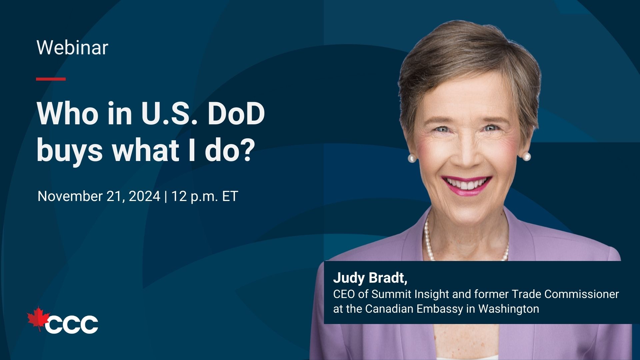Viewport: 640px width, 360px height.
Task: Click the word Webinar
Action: point(72,48)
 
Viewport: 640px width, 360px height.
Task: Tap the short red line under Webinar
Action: point(51,79)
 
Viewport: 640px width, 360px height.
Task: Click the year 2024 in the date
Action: point(144,196)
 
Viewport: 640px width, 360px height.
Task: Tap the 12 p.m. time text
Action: point(195,197)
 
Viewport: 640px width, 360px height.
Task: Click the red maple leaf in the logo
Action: point(38,319)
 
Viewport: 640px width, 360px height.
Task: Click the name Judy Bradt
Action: point(370,278)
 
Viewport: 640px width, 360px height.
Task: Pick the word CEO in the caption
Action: point(344,294)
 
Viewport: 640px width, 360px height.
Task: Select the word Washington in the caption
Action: point(509,309)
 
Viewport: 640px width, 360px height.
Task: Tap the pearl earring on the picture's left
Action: point(412,158)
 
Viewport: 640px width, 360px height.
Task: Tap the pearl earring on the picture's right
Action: point(526,156)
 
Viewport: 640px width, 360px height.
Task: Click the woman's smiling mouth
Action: point(467,185)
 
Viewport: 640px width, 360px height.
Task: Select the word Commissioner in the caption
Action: point(582,294)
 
